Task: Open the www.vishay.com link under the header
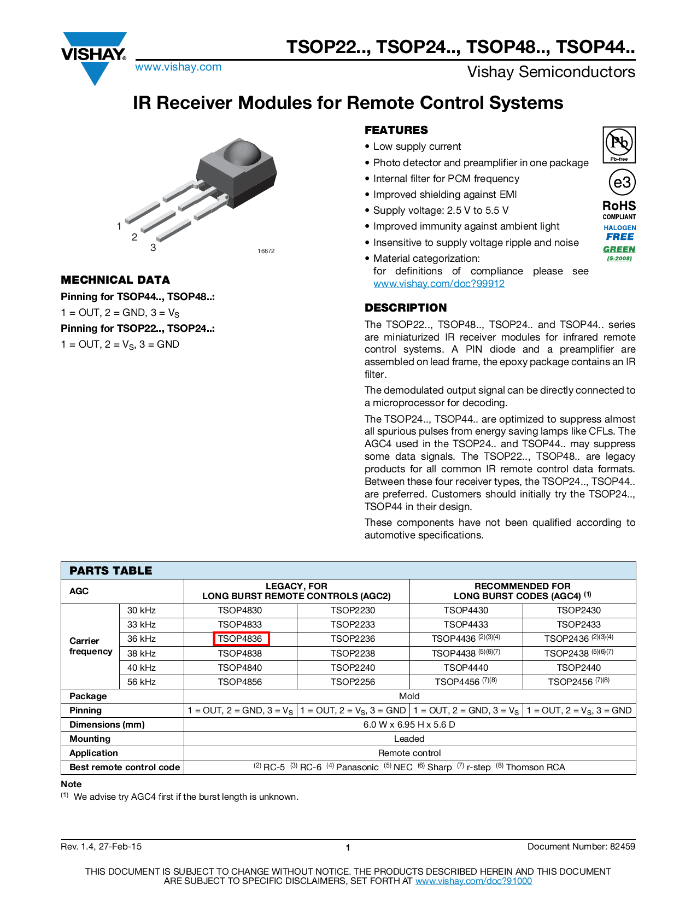click(178, 67)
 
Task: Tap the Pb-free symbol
click(619, 144)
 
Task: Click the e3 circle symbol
click(622, 183)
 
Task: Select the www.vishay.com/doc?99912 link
click(438, 284)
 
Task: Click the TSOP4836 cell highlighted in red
click(241, 639)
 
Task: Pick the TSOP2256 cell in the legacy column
click(353, 682)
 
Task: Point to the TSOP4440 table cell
click(466, 667)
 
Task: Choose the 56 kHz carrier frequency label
click(142, 682)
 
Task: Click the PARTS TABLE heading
click(111, 571)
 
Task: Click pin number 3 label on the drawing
click(153, 248)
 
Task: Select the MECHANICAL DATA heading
click(115, 280)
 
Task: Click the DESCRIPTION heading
click(406, 308)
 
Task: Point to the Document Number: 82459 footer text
click(581, 846)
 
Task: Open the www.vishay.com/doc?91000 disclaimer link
click(473, 881)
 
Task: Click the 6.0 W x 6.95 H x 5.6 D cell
click(409, 724)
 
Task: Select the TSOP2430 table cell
click(578, 610)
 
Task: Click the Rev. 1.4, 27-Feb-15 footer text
click(101, 846)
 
